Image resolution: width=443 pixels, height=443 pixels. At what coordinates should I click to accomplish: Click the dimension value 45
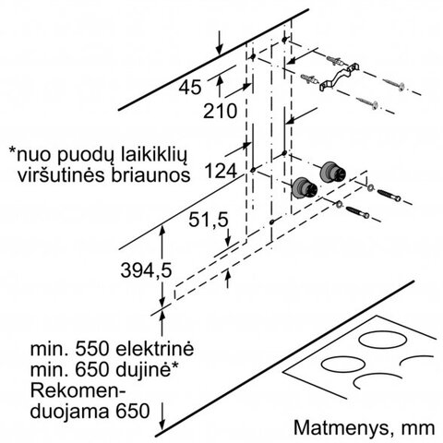pyautogui.click(x=190, y=87)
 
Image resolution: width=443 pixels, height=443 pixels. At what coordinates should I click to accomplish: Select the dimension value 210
pyautogui.click(x=221, y=111)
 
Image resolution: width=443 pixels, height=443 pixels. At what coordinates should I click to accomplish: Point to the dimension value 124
pyautogui.click(x=221, y=171)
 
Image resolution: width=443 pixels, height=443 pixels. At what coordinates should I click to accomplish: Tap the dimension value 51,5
pyautogui.click(x=209, y=220)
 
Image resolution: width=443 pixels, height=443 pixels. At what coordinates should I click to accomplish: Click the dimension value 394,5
pyautogui.click(x=146, y=271)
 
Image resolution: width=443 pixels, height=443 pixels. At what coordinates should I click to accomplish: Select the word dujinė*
pyautogui.click(x=147, y=369)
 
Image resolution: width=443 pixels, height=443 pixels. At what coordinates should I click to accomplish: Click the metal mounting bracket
pyautogui.click(x=339, y=77)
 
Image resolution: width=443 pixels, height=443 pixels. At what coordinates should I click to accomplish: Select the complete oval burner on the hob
pyautogui.click(x=382, y=341)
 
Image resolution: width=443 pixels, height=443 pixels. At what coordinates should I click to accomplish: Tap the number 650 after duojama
pyautogui.click(x=133, y=411)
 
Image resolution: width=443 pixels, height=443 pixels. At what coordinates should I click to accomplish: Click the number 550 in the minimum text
pyautogui.click(x=92, y=349)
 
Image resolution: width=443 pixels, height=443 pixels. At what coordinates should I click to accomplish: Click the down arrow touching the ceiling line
pyautogui.click(x=220, y=43)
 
